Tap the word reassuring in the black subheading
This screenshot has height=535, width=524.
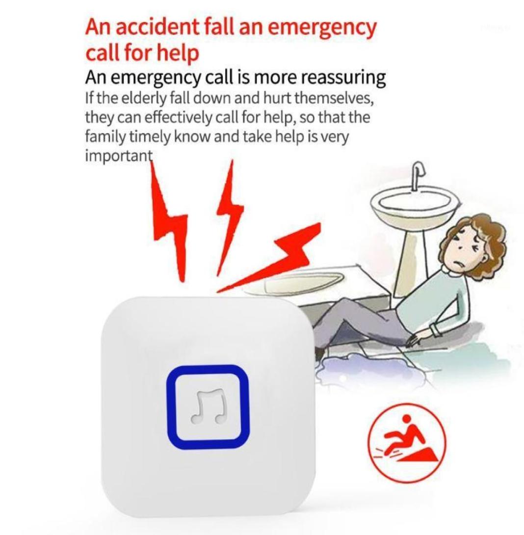pyautogui.click(x=342, y=78)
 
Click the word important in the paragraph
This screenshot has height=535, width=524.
pyautogui.click(x=118, y=156)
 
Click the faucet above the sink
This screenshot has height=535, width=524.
pyautogui.click(x=417, y=174)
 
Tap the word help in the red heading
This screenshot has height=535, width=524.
pyautogui.click(x=179, y=53)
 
